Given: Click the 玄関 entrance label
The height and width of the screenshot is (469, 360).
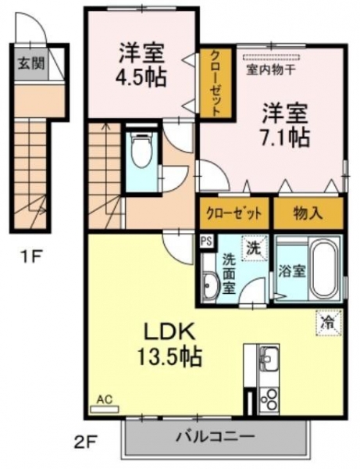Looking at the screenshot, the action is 30,63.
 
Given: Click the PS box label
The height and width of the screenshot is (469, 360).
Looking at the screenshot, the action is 206,241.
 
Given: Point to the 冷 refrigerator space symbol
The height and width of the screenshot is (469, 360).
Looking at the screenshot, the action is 329,322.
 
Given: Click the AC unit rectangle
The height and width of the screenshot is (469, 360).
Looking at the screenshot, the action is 105,409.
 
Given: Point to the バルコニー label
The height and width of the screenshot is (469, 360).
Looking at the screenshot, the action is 215,437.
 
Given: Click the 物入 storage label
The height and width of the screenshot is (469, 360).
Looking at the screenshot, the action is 308,213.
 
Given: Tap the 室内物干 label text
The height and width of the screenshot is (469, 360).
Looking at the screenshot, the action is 271,70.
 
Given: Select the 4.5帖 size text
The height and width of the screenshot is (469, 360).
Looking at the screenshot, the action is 141,78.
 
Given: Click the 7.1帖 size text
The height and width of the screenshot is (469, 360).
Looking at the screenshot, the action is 285,138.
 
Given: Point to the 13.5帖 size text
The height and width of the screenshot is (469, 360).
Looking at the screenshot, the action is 169,357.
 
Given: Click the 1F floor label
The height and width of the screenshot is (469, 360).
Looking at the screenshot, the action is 30,256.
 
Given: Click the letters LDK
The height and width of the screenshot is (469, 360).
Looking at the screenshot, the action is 169,332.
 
